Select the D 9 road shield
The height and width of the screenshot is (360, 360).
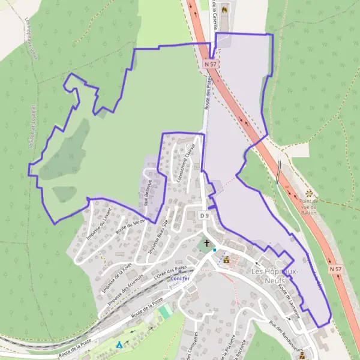tap(205, 215)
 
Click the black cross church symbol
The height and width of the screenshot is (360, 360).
tap(207, 244)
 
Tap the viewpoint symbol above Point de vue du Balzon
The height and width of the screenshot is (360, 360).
tap(310, 193)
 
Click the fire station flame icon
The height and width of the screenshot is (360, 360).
tap(224, 10)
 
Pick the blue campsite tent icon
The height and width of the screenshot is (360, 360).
tap(119, 345)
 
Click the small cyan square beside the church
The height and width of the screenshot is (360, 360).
tap(214, 249)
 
